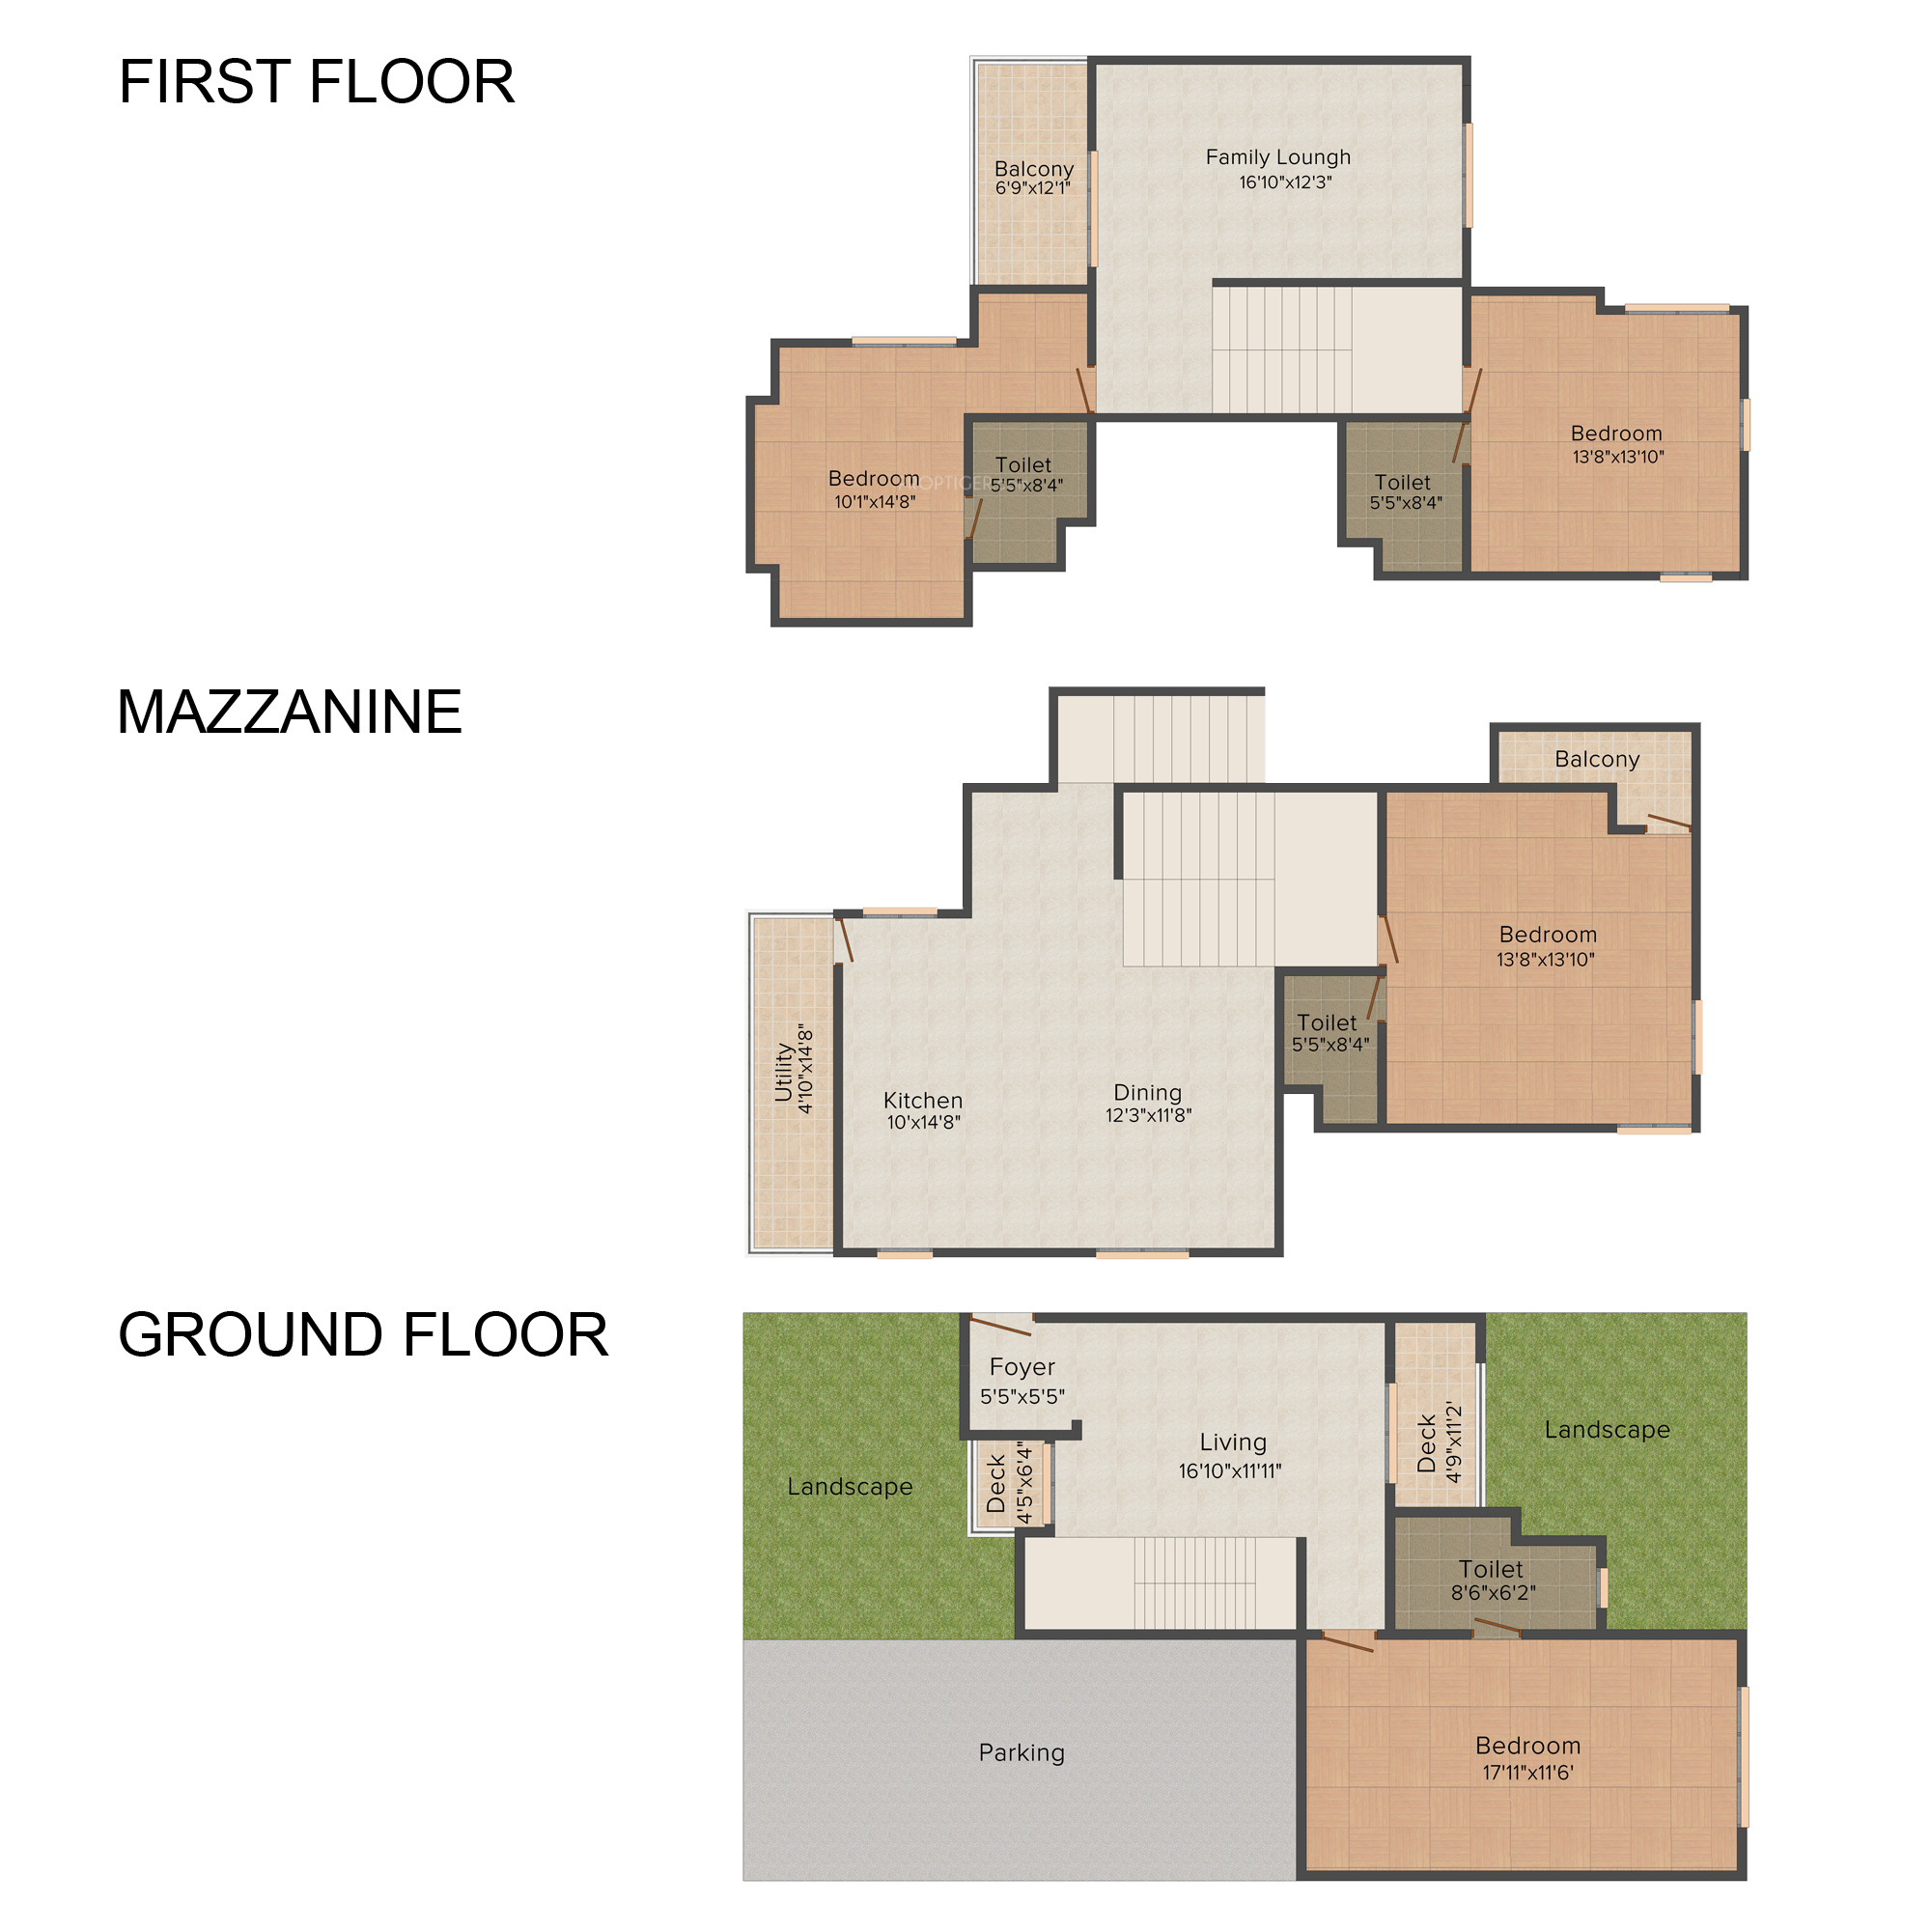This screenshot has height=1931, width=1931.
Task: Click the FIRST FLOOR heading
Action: pyautogui.click(x=317, y=81)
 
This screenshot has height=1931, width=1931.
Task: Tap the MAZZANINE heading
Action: pyautogui.click(x=290, y=712)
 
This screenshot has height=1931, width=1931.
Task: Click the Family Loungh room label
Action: pyautogui.click(x=1278, y=157)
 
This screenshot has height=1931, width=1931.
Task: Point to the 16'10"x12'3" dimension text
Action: pyautogui.click(x=1285, y=182)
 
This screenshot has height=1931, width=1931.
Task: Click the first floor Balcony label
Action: pyautogui.click(x=1033, y=168)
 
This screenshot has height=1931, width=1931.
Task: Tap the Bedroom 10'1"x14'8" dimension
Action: pyautogui.click(x=876, y=502)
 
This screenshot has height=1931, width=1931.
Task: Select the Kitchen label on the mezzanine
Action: pyautogui.click(x=922, y=1100)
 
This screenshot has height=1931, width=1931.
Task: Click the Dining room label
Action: pyautogui.click(x=1147, y=1092)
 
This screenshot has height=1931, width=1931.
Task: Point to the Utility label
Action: pyautogui.click(x=784, y=1072)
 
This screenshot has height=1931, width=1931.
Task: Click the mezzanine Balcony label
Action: pyautogui.click(x=1597, y=759)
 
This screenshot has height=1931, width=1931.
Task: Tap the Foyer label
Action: pyautogui.click(x=1022, y=1366)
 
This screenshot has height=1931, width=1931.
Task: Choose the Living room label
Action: pyautogui.click(x=1233, y=1442)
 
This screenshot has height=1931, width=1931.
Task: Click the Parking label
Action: pyautogui.click(x=1021, y=1752)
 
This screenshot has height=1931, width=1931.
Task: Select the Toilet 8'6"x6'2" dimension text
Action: pyautogui.click(x=1494, y=1592)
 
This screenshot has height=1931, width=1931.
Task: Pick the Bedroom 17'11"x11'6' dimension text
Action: pyautogui.click(x=1528, y=1772)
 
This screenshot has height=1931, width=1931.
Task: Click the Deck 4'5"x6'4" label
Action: pyautogui.click(x=1009, y=1482)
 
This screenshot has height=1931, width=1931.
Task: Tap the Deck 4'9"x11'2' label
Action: pyautogui.click(x=1440, y=1442)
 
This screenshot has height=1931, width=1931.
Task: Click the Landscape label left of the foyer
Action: pyautogui.click(x=850, y=1486)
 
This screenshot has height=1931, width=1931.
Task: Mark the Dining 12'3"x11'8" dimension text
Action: pyautogui.click(x=1148, y=1115)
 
